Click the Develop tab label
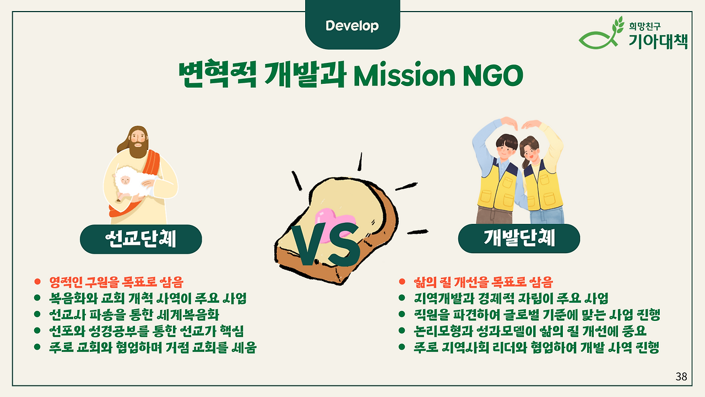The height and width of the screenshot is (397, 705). coord(352,26)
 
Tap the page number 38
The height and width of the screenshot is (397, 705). coord(681,377)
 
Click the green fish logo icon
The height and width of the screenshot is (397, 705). coord(600,35)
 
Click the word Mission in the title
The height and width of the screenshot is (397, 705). coord(404,76)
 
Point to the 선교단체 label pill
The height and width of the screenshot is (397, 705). coord(141,239)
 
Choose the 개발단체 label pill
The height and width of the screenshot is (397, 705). coord(519,239)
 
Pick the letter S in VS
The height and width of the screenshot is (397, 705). coord(345,244)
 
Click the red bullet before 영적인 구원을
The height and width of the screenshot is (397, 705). coord(37,281)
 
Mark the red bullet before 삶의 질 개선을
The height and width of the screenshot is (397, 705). coord(402,281)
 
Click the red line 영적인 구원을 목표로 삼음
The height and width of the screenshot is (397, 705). coord(116,282)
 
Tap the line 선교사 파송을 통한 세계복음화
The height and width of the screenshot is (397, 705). coord(134,315)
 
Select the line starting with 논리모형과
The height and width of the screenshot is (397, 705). coord(530,331)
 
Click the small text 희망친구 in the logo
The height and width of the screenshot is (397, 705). coord(644,26)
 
